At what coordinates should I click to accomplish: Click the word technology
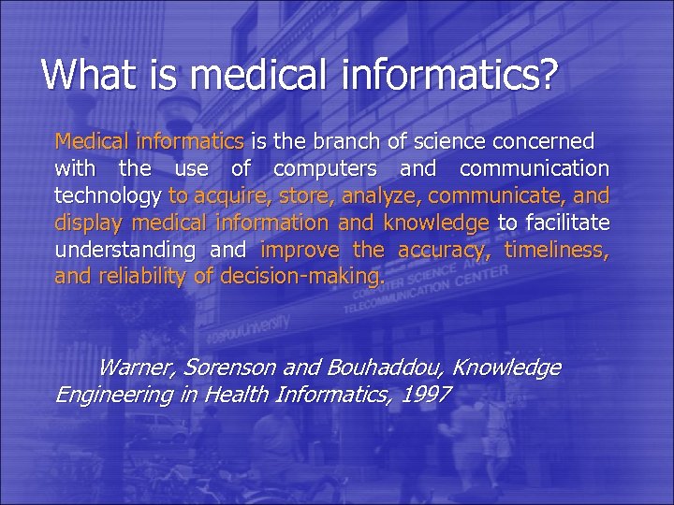click(108, 196)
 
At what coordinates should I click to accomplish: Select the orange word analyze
click(384, 196)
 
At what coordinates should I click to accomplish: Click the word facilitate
click(568, 224)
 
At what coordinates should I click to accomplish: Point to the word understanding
click(125, 250)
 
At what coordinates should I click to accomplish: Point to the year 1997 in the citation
click(424, 395)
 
